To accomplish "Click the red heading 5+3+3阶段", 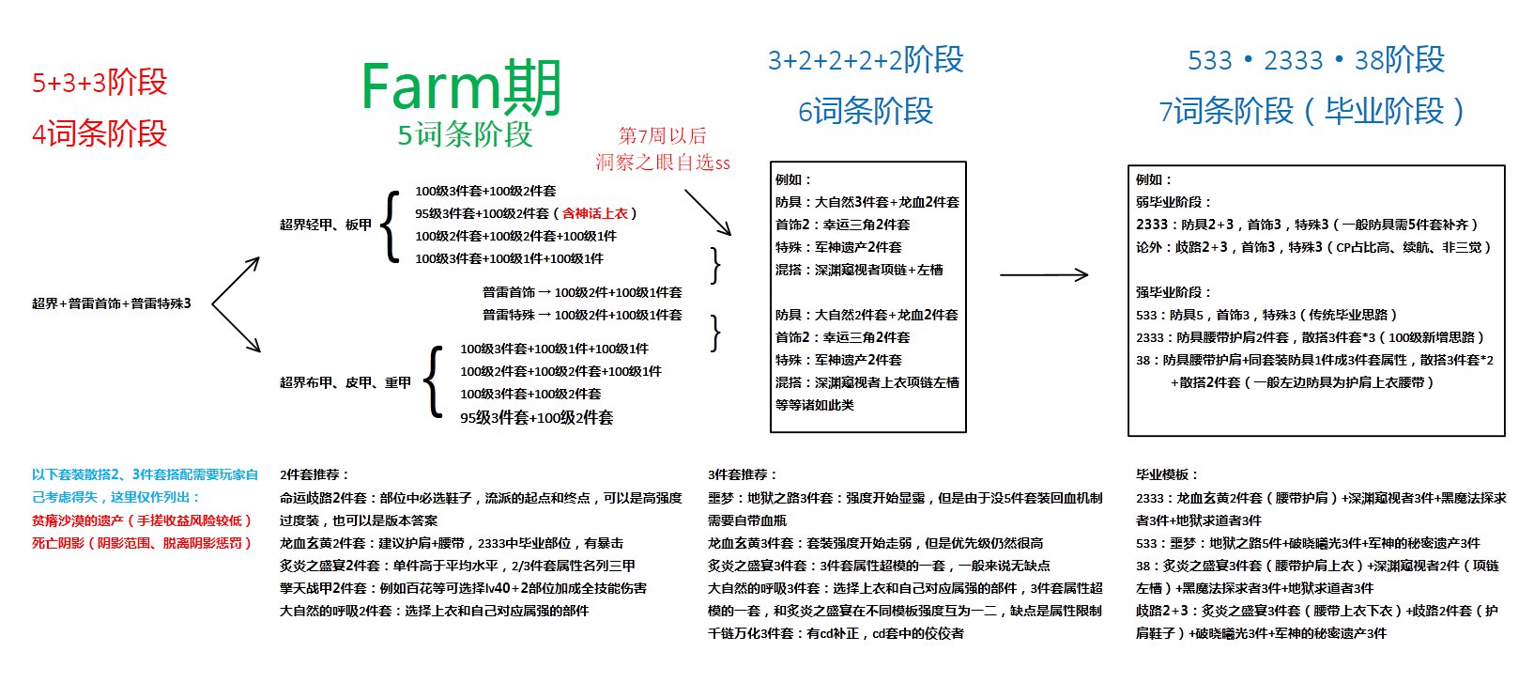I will (x=100, y=83).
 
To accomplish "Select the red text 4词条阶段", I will (x=100, y=133).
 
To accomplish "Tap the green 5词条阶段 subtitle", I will (x=465, y=134).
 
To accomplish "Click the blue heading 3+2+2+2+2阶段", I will (x=866, y=60).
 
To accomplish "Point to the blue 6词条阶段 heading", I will (x=866, y=111).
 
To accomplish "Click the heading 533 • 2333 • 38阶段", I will (x=1315, y=60).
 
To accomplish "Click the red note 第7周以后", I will (x=662, y=135).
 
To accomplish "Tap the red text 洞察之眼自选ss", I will (x=662, y=163).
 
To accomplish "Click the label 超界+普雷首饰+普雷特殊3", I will (x=112, y=303).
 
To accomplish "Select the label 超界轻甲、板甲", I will (x=326, y=225).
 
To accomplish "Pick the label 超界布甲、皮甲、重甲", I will (x=345, y=382).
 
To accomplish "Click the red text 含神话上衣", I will (x=595, y=213).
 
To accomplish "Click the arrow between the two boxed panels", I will (x=1043, y=275).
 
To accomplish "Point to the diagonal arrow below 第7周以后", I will (x=707, y=212).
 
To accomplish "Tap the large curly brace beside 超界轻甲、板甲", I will (x=390, y=225).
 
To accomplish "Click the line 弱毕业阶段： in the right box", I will (x=1174, y=202).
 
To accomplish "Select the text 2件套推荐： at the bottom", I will (x=314, y=475).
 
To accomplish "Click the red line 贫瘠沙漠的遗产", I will (x=141, y=520).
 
